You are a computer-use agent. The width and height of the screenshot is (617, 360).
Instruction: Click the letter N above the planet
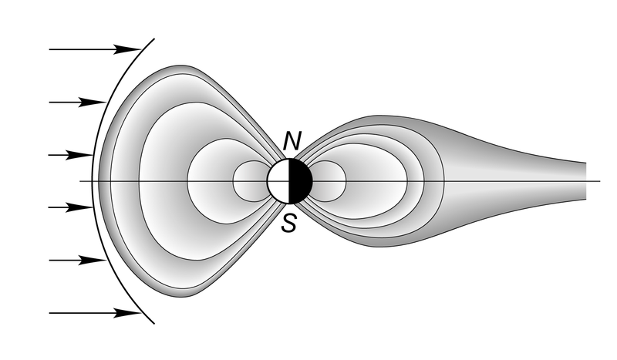[292, 141]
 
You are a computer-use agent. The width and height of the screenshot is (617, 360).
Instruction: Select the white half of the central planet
[278, 181]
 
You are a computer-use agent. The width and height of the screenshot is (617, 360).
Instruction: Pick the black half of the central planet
[301, 181]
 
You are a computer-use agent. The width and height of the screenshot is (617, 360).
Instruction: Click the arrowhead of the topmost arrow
[127, 49]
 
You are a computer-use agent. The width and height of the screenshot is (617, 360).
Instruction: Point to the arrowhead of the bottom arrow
[127, 313]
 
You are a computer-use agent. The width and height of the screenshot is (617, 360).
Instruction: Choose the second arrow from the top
[78, 103]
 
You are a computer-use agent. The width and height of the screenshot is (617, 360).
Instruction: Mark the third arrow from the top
[71, 155]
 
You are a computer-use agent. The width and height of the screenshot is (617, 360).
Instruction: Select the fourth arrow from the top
[71, 207]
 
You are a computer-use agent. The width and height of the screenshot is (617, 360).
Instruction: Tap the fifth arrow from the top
[78, 260]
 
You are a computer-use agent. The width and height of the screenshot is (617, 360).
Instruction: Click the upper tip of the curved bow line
[154, 39]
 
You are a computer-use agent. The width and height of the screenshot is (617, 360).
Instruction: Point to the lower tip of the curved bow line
[154, 324]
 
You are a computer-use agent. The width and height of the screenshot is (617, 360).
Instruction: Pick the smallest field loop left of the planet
[250, 181]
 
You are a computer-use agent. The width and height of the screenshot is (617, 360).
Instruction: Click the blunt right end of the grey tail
[586, 181]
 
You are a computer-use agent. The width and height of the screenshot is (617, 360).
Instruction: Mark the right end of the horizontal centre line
[600, 181]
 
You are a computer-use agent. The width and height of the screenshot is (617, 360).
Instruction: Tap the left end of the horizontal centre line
[80, 181]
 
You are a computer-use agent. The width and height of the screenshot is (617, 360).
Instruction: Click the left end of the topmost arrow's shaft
[49, 49]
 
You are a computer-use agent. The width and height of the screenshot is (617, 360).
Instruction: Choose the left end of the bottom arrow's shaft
[49, 313]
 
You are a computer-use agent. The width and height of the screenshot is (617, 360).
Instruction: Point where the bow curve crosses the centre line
[92, 181]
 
